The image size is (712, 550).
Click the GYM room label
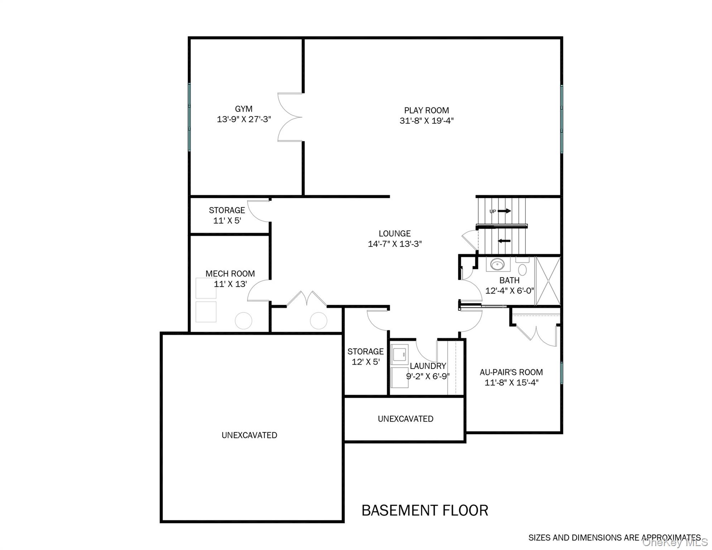(244, 109)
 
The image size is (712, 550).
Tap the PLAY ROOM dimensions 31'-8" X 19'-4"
(427, 121)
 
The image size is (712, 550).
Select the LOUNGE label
(395, 233)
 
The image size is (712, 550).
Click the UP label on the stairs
(493, 212)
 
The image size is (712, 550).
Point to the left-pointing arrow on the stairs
(504, 241)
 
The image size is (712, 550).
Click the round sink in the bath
(497, 265)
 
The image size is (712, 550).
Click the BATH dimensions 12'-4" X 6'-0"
(509, 291)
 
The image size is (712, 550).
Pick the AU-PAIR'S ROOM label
(511, 372)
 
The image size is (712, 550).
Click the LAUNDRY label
(428, 366)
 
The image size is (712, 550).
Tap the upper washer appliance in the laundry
(400, 355)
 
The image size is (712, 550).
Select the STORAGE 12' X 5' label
(365, 356)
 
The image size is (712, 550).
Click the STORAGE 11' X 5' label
(227, 215)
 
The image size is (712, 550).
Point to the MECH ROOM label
(230, 274)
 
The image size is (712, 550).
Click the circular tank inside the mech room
(244, 321)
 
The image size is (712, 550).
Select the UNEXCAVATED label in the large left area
(249, 435)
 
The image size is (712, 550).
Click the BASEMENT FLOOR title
(425, 510)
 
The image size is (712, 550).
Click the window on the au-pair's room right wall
(562, 373)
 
